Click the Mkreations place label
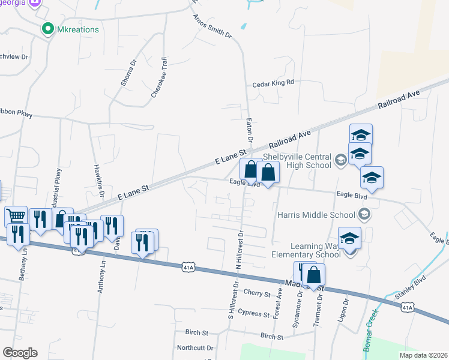(78, 29)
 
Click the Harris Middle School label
(317, 214)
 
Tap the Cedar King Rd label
(273, 83)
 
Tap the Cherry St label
(258, 292)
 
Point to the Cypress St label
(253, 313)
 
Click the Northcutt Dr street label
(195, 347)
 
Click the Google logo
(20, 353)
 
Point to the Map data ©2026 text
(423, 355)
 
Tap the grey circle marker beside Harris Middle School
(363, 214)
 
